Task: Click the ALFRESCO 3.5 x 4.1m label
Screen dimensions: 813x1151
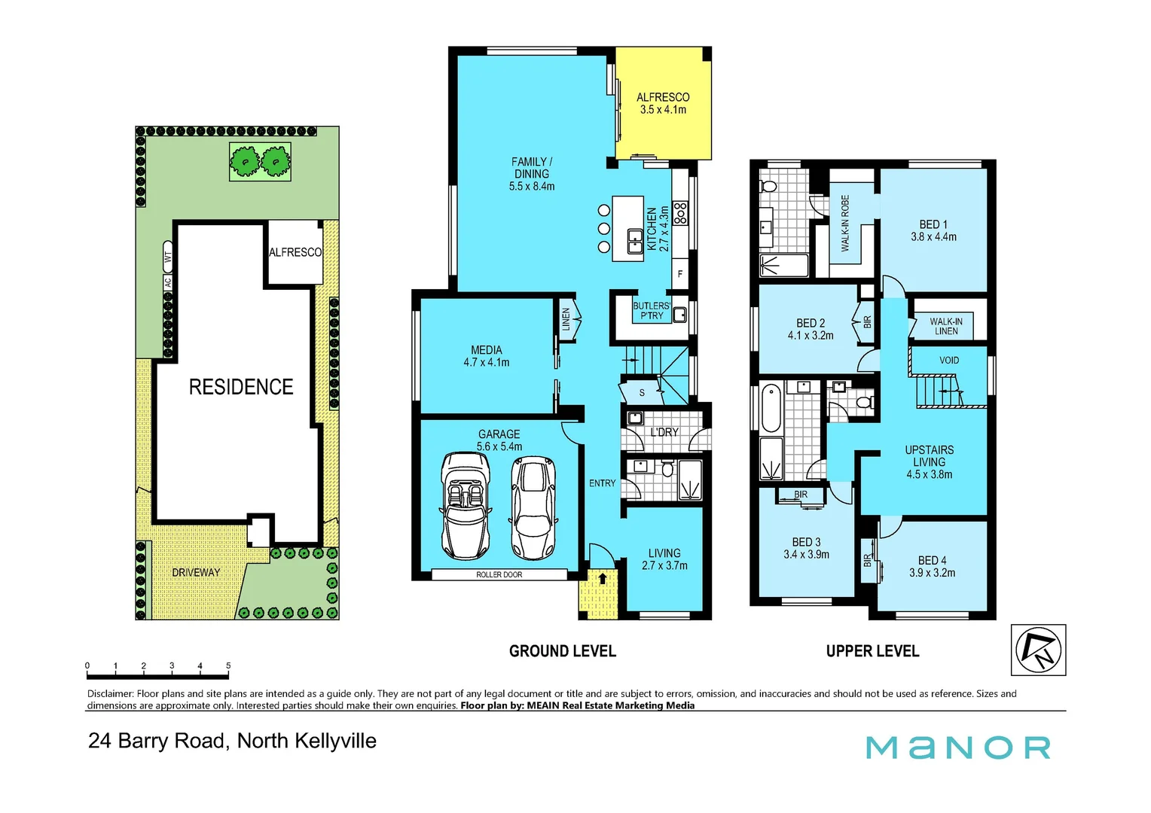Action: pyautogui.click(x=663, y=103)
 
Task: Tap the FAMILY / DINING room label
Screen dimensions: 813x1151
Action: pyautogui.click(x=532, y=174)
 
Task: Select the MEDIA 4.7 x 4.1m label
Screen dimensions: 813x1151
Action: pyautogui.click(x=486, y=356)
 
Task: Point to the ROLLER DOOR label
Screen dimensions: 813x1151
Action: pyautogui.click(x=499, y=574)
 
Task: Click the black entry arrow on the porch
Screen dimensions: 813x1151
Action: pyautogui.click(x=602, y=578)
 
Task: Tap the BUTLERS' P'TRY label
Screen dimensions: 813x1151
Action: pyautogui.click(x=651, y=311)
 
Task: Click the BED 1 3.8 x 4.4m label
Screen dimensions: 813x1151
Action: pyautogui.click(x=933, y=230)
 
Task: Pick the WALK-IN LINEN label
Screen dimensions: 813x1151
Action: pyautogui.click(x=946, y=326)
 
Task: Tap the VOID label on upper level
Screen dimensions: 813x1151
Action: pyautogui.click(x=949, y=360)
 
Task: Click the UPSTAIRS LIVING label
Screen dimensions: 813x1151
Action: pyautogui.click(x=929, y=461)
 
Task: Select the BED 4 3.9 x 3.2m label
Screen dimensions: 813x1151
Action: pyautogui.click(x=932, y=566)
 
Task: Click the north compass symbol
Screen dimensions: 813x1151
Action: pyautogui.click(x=1038, y=650)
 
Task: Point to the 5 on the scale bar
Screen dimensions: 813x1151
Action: pyautogui.click(x=228, y=665)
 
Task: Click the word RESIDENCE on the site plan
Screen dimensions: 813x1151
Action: pyautogui.click(x=241, y=387)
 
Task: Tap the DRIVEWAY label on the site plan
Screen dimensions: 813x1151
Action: pyautogui.click(x=196, y=572)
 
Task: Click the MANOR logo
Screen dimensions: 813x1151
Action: pyautogui.click(x=957, y=748)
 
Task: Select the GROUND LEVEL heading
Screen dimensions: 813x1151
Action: pyautogui.click(x=562, y=651)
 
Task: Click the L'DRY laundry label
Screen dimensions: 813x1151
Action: pyautogui.click(x=664, y=432)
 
